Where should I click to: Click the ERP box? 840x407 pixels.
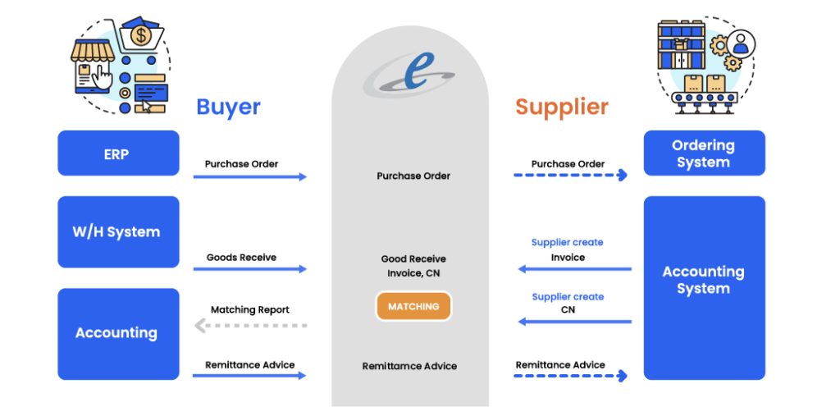[x=118, y=153]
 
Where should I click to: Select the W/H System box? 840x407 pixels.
[x=118, y=231]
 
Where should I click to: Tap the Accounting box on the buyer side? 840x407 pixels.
[x=118, y=333]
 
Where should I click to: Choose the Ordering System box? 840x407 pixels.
[x=704, y=153]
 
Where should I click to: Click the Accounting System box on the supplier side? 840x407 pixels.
[x=704, y=280]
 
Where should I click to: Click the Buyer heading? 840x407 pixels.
[x=228, y=107]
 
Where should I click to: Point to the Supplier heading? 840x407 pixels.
[x=562, y=107]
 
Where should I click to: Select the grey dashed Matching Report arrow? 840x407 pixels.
[x=250, y=326]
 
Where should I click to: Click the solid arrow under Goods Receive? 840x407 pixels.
[x=250, y=269]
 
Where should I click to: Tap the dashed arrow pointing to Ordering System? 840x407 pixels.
[x=570, y=176]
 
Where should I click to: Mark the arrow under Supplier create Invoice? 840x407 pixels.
[x=574, y=269]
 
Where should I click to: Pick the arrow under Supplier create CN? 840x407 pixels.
[x=574, y=322]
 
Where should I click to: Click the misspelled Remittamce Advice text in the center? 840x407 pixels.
[x=409, y=366]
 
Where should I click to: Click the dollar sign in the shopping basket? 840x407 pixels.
[x=141, y=36]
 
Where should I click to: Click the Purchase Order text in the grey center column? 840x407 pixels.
[x=413, y=176]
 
